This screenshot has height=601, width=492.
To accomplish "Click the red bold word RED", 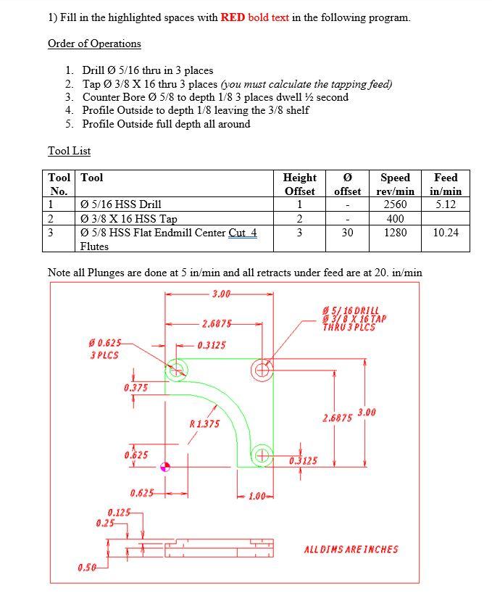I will [x=233, y=17].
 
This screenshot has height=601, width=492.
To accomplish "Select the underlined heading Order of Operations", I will [x=94, y=43].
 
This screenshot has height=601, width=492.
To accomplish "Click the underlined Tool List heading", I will [x=69, y=151].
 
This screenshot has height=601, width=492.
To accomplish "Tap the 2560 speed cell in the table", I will [x=395, y=204].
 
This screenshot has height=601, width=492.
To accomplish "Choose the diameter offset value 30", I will [x=347, y=233].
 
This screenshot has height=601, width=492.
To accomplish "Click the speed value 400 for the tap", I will [x=395, y=218].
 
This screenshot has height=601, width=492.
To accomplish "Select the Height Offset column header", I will [x=299, y=184].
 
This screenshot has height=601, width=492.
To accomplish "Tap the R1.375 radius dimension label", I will [x=204, y=423].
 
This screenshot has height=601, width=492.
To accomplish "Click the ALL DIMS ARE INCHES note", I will [x=351, y=549].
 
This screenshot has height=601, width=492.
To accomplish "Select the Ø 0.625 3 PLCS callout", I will [x=105, y=348].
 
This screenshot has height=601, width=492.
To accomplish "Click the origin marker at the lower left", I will [x=166, y=467].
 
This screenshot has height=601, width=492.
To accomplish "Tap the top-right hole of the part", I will [x=262, y=371].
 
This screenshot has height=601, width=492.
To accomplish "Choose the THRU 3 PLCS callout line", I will [x=349, y=326].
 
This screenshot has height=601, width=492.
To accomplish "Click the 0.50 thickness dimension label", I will [x=87, y=567].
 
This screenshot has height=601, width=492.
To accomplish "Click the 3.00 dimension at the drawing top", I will [x=221, y=294].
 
